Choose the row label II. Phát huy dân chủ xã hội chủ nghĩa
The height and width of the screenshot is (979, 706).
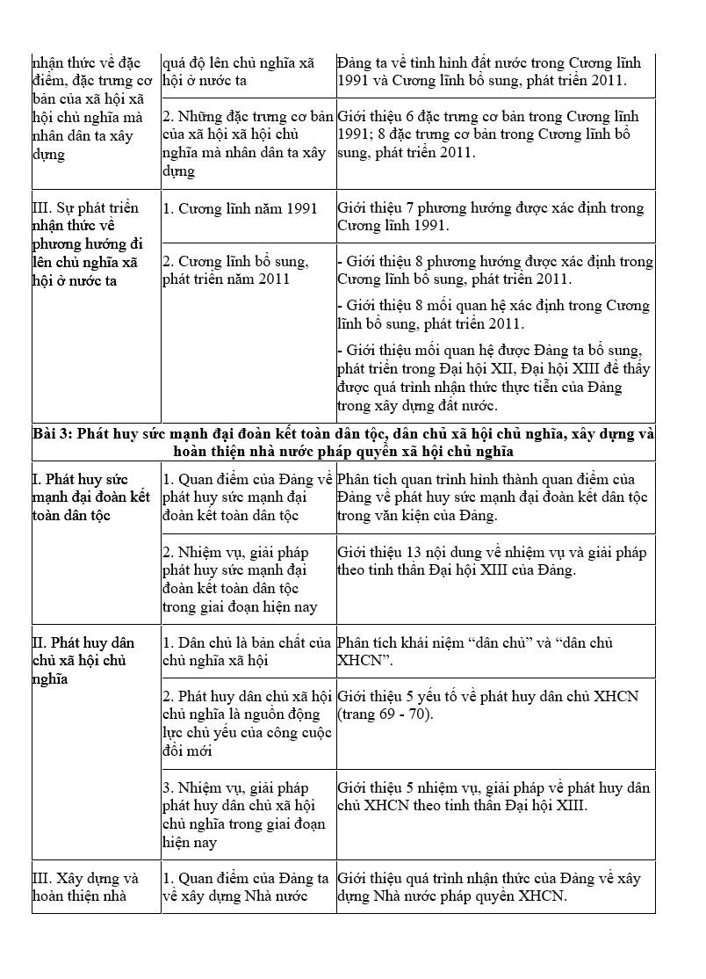(83, 660)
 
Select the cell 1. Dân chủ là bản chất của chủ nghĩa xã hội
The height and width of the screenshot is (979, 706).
(247, 651)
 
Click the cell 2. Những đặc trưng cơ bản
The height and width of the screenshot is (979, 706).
(248, 143)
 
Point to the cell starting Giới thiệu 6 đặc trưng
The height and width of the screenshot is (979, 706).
(494, 134)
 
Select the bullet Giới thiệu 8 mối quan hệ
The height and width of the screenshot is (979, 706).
(494, 314)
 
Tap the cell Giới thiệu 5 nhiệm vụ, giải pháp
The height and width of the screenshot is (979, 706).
(493, 796)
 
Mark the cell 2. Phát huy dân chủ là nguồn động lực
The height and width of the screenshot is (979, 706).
(247, 723)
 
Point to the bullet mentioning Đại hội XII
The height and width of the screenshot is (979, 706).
(494, 378)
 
